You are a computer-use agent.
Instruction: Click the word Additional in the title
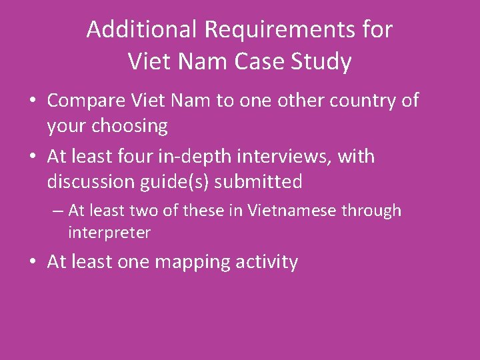coord(141,29)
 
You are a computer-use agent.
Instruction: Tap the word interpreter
coord(109,233)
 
